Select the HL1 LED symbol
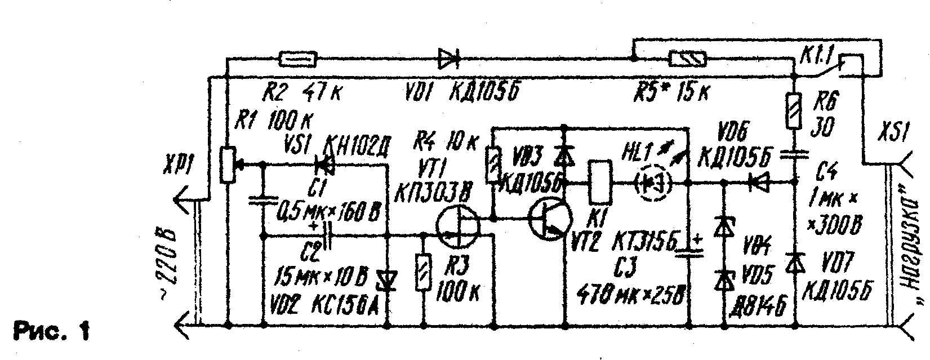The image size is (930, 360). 653,183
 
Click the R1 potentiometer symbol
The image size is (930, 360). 228,165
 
